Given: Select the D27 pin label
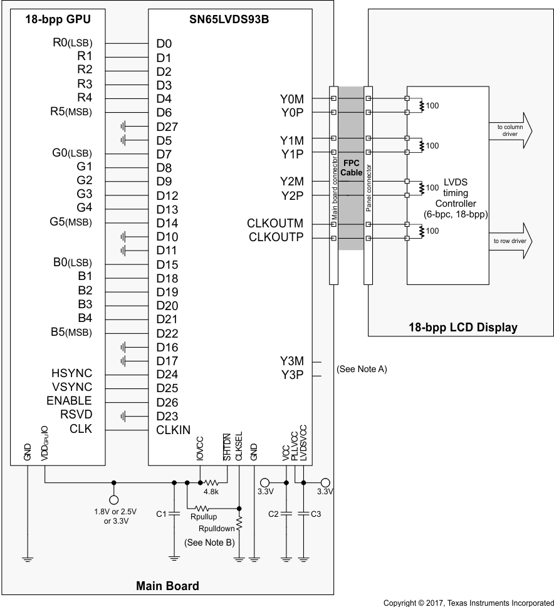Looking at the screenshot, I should click(167, 127).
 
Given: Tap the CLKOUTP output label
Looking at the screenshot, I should click(276, 237).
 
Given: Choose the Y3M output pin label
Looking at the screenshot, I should click(292, 361).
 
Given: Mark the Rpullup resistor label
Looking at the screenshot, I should click(203, 517).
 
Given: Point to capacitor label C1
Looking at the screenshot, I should click(160, 514).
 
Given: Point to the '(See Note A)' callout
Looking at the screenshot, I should click(362, 369).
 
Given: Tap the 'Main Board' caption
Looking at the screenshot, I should click(167, 586).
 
